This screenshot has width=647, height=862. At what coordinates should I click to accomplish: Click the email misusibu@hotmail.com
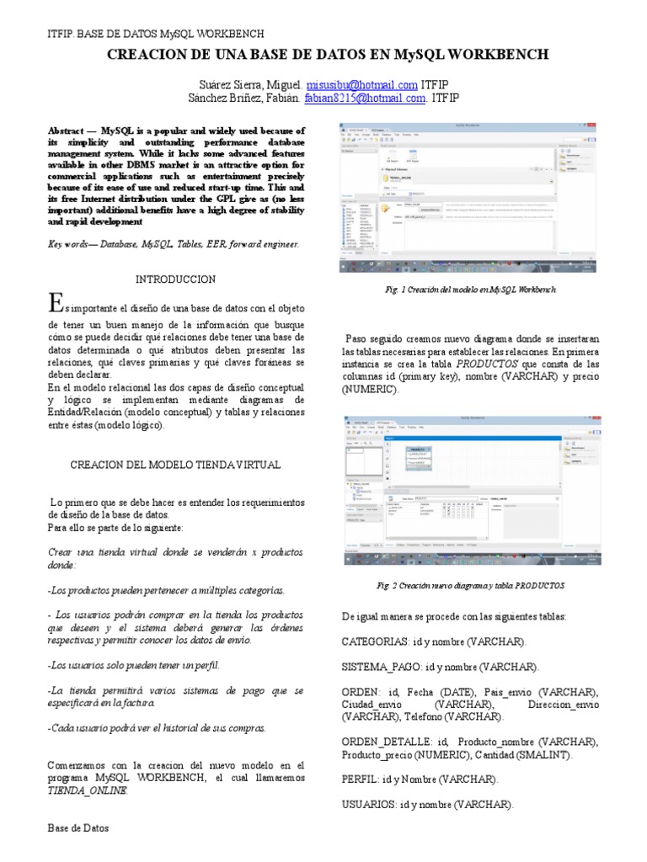pyautogui.click(x=362, y=85)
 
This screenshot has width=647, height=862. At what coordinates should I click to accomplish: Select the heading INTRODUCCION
pyautogui.click(x=175, y=279)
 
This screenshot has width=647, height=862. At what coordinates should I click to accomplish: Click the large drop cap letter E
pyautogui.click(x=56, y=302)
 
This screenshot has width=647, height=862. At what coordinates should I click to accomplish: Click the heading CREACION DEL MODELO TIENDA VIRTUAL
pyautogui.click(x=175, y=465)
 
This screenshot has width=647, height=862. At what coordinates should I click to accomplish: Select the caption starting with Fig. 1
pyautogui.click(x=469, y=289)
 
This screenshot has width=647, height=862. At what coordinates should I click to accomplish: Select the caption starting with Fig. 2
pyautogui.click(x=469, y=585)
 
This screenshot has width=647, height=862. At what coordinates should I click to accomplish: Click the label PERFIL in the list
pyautogui.click(x=360, y=780)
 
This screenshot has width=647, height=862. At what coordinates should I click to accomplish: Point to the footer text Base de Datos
pyautogui.click(x=78, y=828)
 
